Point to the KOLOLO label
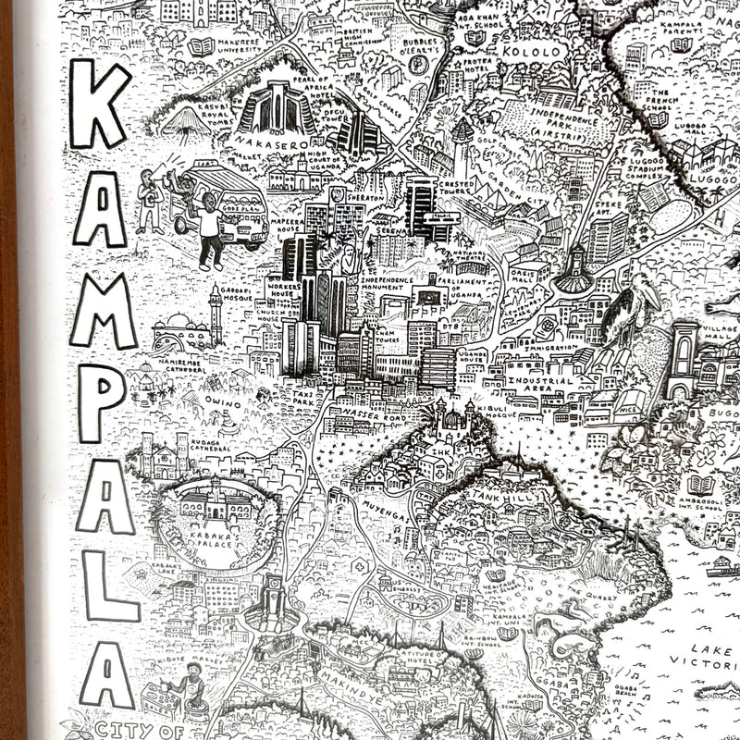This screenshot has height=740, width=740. point(531,53)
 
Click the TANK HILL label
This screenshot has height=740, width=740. point(499,498)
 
